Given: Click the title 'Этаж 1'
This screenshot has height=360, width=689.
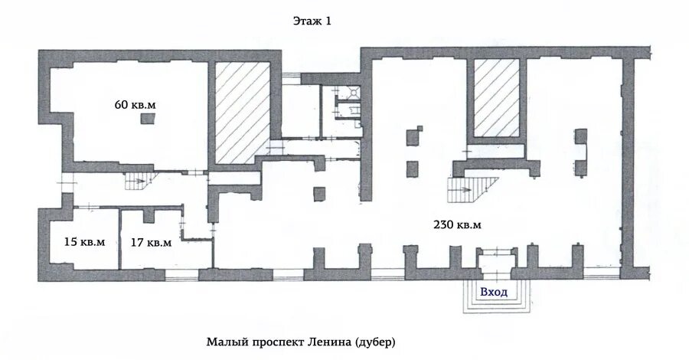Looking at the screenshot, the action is pyautogui.click(x=312, y=21).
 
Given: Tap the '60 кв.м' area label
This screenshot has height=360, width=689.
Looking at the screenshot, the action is pyautogui.click(x=136, y=105).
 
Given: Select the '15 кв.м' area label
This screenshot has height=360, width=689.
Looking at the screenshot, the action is pyautogui.click(x=85, y=242).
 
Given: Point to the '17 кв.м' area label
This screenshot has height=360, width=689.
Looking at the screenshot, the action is pyautogui.click(x=151, y=242).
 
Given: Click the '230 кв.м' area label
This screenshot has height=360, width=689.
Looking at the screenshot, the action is pyautogui.click(x=458, y=224).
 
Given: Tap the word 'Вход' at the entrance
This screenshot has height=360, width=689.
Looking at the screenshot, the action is pyautogui.click(x=494, y=292).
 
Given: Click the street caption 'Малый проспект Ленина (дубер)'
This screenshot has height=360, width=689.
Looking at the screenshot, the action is pyautogui.click(x=301, y=342).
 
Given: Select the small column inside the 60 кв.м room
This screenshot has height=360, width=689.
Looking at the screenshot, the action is pyautogui.click(x=148, y=119).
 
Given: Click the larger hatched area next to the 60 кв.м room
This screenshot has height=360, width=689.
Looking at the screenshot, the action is pyautogui.click(x=243, y=113).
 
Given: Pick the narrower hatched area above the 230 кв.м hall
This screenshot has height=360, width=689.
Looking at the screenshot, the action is pyautogui.click(x=497, y=98).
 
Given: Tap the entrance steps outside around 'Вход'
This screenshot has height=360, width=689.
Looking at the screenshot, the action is pyautogui.click(x=498, y=296).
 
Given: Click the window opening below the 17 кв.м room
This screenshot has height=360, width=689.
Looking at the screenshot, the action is pyautogui.click(x=182, y=274).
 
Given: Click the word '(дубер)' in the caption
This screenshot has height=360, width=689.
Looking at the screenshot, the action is pyautogui.click(x=374, y=342).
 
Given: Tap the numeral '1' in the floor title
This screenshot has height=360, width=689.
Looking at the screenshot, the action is pyautogui.click(x=328, y=21).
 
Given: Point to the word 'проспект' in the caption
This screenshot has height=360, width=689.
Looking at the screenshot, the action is pyautogui.click(x=274, y=342).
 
